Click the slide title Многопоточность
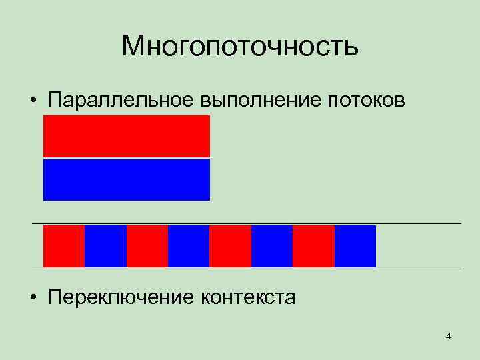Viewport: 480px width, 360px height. point(240,47)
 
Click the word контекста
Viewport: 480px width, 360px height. point(247,297)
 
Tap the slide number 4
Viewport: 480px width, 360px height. point(449,336)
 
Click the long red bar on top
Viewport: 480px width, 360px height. point(127,136)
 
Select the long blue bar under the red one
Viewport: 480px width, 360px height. point(127,179)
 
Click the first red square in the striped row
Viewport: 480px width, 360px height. point(64,246)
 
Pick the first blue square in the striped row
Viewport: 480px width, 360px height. point(105,246)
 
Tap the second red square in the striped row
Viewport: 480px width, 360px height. point(147,246)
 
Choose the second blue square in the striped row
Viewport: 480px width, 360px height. point(189,246)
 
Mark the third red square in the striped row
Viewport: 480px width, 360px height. point(230,246)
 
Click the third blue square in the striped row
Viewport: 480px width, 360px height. point(272,246)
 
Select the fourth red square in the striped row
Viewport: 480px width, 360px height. point(313,246)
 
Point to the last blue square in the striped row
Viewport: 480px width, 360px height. point(355,246)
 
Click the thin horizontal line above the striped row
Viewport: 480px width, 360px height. point(247,223)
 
